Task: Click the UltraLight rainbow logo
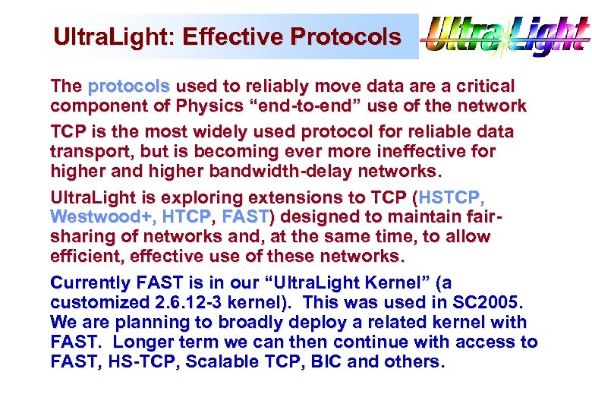coord(505,36)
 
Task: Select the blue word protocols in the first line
coord(129,86)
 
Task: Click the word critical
coord(476,86)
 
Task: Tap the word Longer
coord(145,342)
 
